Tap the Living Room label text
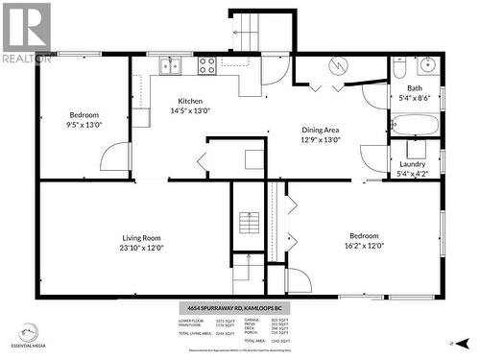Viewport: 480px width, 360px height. [x=141, y=237]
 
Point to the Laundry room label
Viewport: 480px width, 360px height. [x=413, y=164]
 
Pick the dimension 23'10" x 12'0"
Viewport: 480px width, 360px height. [x=141, y=248]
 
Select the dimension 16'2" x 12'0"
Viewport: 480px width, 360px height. [x=363, y=246]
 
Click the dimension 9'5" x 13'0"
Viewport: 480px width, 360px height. [x=84, y=125]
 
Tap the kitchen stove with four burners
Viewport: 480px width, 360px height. [x=206, y=65]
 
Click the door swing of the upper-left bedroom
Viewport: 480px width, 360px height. [x=115, y=158]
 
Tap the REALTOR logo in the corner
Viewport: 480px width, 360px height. [x=26, y=33]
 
